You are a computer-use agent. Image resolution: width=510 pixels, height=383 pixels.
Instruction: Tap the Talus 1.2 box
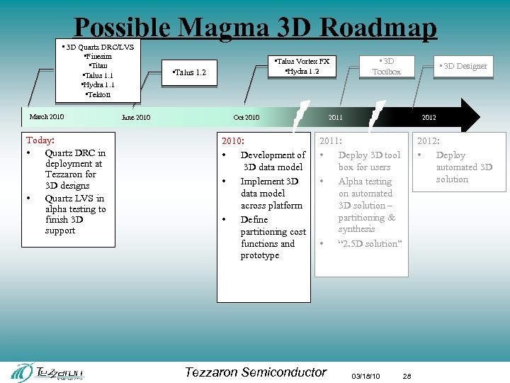click(190, 72)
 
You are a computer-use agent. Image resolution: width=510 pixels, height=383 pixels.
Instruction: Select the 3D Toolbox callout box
click(386, 66)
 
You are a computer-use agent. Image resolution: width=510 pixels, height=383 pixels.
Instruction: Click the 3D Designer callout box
click(463, 66)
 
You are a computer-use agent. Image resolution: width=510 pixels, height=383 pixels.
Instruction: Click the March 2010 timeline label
click(47, 117)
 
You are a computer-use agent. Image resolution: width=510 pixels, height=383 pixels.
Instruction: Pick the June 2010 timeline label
click(136, 118)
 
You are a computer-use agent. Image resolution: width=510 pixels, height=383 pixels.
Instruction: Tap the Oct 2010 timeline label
click(246, 118)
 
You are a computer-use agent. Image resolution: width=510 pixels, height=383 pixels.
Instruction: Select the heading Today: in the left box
click(40, 140)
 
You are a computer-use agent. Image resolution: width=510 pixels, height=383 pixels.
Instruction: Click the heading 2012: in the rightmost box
click(429, 141)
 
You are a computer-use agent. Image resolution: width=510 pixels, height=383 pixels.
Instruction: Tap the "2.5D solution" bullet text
click(369, 243)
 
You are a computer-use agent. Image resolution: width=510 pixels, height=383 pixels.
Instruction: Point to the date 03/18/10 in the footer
click(365, 376)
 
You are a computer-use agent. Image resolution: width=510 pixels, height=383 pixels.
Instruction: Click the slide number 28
click(407, 376)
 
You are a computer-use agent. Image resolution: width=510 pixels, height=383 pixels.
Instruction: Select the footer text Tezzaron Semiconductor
click(255, 372)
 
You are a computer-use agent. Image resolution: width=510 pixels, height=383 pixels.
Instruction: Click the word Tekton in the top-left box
click(97, 94)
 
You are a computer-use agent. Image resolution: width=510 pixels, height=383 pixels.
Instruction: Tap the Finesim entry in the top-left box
click(98, 56)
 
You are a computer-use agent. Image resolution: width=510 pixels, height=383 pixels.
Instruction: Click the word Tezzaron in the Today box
click(70, 174)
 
